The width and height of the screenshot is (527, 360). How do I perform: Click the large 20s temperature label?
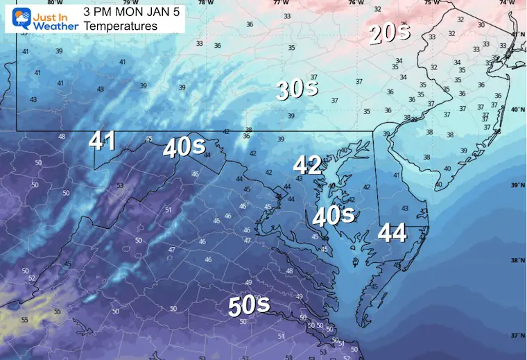click(390, 33)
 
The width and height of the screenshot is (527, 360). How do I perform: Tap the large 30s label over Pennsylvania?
click(297, 89)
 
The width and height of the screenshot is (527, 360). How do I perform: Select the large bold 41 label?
click(102, 142)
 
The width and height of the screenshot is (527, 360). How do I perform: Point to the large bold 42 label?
click(307, 165)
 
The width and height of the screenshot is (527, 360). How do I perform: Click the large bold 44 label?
click(392, 234)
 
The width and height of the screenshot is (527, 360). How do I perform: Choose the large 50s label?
click(249, 306)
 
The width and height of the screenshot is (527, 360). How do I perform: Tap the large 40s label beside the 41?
click(183, 148)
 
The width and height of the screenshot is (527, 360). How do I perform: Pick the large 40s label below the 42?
click(335, 216)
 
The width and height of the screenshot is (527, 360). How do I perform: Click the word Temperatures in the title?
click(121, 26)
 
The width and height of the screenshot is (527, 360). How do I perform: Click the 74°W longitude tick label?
click(502, 3)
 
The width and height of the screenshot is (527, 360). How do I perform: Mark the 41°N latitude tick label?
click(517, 35)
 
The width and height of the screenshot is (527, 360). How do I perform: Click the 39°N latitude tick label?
click(517, 186)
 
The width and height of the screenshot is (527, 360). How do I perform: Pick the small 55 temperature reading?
click(25, 320)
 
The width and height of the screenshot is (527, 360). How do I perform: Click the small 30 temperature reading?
click(481, 25)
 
